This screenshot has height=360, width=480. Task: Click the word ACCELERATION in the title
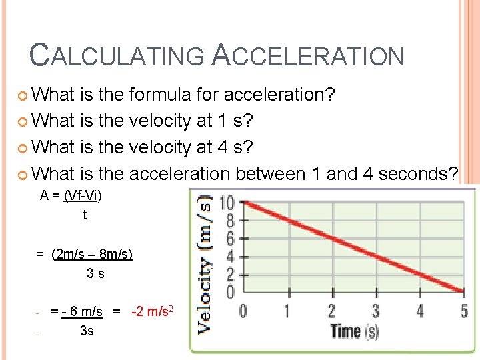[x=308, y=56]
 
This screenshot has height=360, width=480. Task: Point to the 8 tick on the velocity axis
[x=231, y=219]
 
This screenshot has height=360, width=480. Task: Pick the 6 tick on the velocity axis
[x=231, y=237]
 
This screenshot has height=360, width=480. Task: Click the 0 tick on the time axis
[x=243, y=311]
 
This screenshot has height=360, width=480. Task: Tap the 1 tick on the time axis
[x=287, y=311]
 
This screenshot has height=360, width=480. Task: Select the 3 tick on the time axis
[x=375, y=311]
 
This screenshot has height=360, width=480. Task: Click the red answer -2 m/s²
[x=153, y=311]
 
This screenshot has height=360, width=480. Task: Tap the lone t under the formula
[x=85, y=215]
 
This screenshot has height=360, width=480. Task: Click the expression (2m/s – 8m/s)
[x=92, y=255]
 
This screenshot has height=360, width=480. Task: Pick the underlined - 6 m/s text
[x=81, y=311]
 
